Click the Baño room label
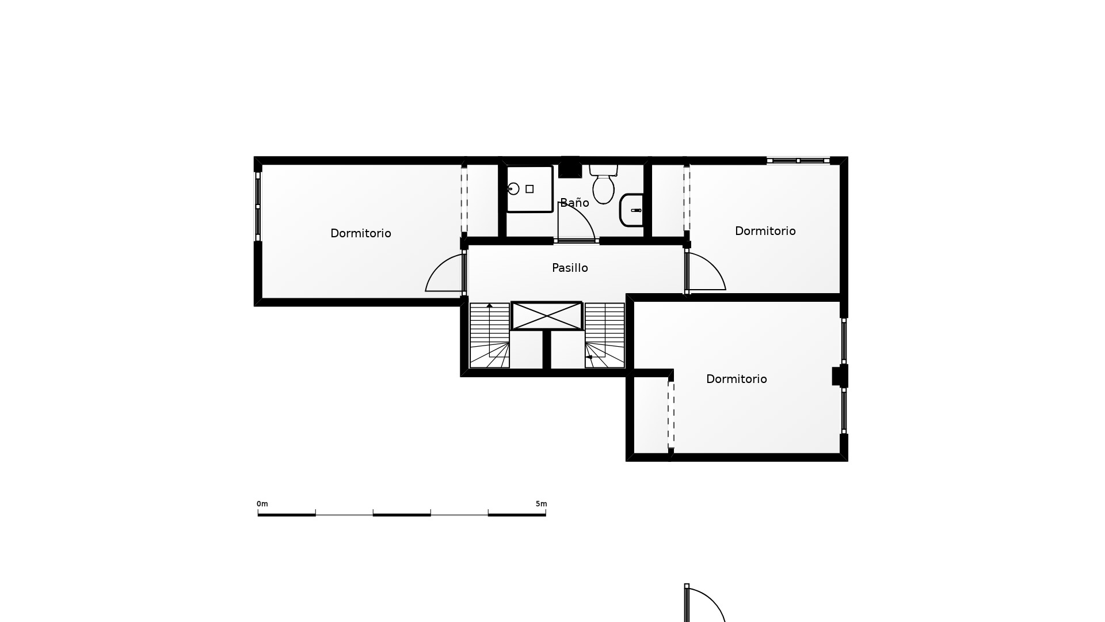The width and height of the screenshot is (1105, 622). click(574, 203)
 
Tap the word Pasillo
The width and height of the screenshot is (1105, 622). click(570, 268)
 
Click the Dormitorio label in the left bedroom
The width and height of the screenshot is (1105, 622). click(361, 233)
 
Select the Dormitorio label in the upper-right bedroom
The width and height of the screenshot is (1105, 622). click(765, 231)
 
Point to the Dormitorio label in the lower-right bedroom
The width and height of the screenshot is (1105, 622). click(737, 379)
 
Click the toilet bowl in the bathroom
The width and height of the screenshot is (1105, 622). click(604, 189)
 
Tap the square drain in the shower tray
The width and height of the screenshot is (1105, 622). click(529, 189)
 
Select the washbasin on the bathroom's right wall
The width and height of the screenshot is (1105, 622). click(631, 210)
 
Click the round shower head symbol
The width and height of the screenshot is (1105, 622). click(513, 189)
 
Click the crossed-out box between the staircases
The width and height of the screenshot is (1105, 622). click(547, 316)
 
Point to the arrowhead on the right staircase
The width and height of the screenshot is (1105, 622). click(589, 357)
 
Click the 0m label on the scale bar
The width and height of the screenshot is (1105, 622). click(262, 504)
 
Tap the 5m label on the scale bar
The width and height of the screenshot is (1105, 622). click(542, 504)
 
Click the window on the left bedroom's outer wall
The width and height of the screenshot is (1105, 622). click(258, 206)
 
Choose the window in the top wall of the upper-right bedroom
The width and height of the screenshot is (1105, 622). click(798, 161)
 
